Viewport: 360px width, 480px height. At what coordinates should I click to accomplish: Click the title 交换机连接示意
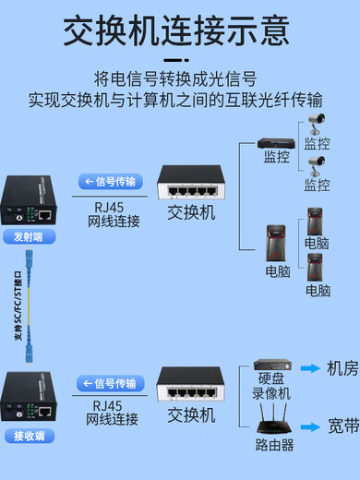(x=180, y=31)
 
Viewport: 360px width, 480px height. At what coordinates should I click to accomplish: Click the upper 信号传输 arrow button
(x=111, y=183)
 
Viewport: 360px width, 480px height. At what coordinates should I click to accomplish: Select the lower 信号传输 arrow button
(x=111, y=381)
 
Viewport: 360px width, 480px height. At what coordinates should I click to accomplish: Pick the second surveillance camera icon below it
(x=318, y=164)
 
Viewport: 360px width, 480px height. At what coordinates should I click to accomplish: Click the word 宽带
(x=342, y=426)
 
